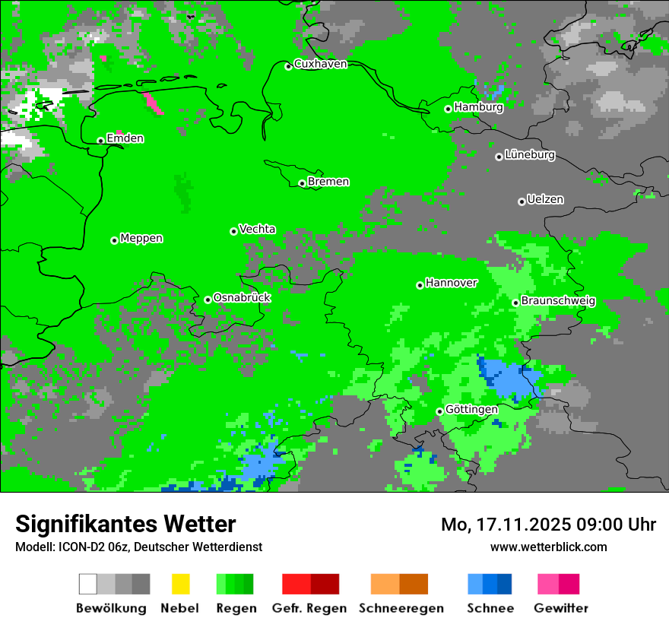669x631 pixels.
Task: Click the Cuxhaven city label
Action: (320, 64)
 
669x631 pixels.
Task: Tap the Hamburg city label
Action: (479, 107)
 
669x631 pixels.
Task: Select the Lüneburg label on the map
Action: (530, 155)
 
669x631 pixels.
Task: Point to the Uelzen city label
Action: (545, 200)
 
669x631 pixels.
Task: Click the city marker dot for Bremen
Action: (302, 183)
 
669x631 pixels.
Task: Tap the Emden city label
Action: (125, 138)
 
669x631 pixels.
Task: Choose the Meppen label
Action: (141, 239)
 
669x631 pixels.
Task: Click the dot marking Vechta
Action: (233, 231)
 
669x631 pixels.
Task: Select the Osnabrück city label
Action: (242, 298)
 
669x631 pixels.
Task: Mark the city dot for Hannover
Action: (420, 285)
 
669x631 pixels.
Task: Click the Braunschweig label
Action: (558, 301)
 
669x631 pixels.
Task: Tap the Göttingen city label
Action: (471, 410)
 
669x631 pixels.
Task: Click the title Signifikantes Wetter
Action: (125, 524)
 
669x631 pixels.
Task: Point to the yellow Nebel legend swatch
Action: (180, 584)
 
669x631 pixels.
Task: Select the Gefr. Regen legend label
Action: (309, 608)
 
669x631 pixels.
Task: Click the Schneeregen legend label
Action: (401, 608)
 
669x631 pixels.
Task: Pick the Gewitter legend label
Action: (560, 608)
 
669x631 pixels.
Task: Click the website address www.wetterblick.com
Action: (548, 547)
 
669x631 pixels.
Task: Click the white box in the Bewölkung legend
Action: (88, 584)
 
